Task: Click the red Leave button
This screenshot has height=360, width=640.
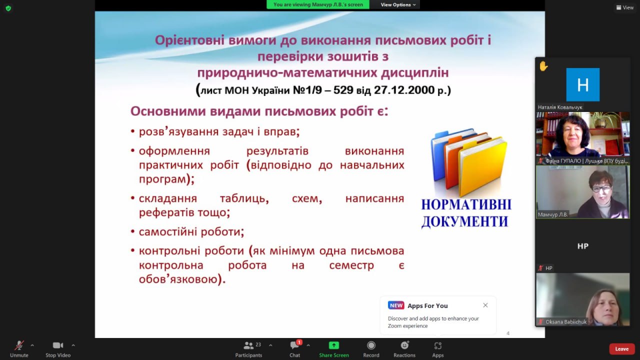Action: pos(621,349)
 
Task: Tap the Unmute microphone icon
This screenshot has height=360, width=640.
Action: pos(19,345)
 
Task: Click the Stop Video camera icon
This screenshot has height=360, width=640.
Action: pos(57,345)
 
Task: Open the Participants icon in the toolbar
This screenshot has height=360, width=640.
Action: pos(248,345)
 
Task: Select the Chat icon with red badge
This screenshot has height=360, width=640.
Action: pos(295,345)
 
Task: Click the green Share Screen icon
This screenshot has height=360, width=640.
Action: pos(333,345)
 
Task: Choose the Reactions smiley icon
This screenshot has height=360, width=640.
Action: pos(404,345)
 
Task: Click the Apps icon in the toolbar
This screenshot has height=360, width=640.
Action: pos(437,345)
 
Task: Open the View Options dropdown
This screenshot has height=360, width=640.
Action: pos(398,4)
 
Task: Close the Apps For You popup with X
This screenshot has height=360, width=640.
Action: pos(485,305)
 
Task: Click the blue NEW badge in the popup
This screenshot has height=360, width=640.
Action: pos(396,305)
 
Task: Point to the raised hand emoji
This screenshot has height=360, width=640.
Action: pos(543,66)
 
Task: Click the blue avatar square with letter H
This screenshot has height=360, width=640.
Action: pos(583,84)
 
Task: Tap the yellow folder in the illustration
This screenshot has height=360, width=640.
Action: pos(483,165)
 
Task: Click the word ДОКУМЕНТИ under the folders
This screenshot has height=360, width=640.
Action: pos(465,221)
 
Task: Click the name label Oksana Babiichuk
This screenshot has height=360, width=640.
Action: pos(566,321)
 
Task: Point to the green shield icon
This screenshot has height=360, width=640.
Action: pos(8,8)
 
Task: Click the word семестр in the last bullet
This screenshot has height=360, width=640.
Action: pos(351,265)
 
